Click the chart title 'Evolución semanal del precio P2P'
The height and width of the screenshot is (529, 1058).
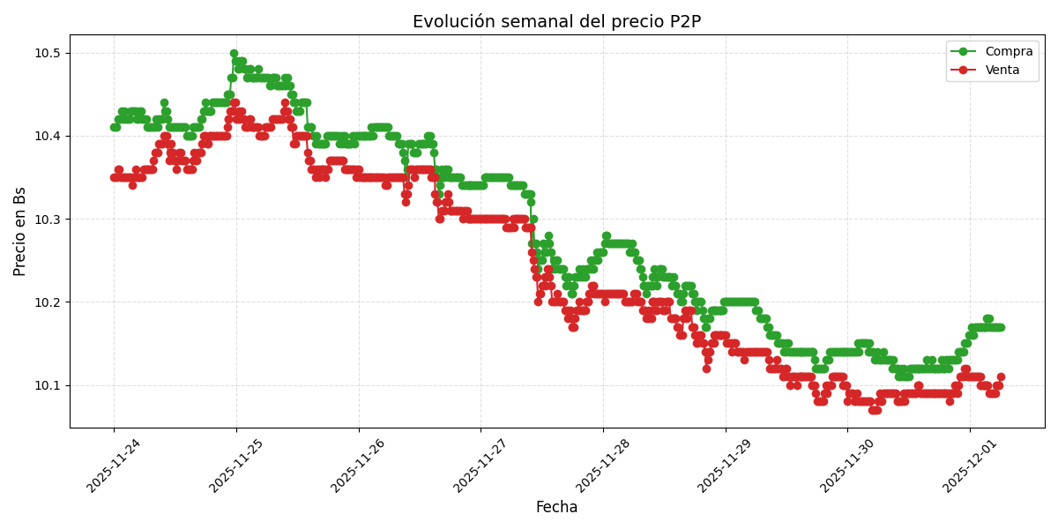click(x=556, y=22)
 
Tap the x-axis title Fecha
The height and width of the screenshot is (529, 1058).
click(x=556, y=507)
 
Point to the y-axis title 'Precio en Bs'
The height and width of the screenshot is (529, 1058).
click(x=20, y=231)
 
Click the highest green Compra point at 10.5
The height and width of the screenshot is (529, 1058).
click(x=234, y=54)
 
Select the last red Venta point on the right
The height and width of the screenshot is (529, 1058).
click(x=1001, y=377)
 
